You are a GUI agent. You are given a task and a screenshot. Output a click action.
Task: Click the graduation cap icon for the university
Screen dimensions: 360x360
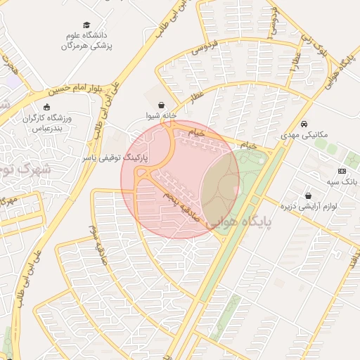(x=86, y=25)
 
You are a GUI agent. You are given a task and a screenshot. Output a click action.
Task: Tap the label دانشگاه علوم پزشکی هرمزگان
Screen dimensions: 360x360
(x=86, y=40)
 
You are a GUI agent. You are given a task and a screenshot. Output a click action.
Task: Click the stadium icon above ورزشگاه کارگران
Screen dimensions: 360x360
(x=47, y=107)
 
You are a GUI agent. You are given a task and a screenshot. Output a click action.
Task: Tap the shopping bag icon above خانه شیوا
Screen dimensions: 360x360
(x=162, y=103)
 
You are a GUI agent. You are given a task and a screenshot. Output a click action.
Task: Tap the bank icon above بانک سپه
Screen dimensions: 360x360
(x=342, y=171)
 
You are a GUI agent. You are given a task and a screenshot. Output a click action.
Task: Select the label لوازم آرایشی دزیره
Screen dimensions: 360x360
(x=309, y=207)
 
